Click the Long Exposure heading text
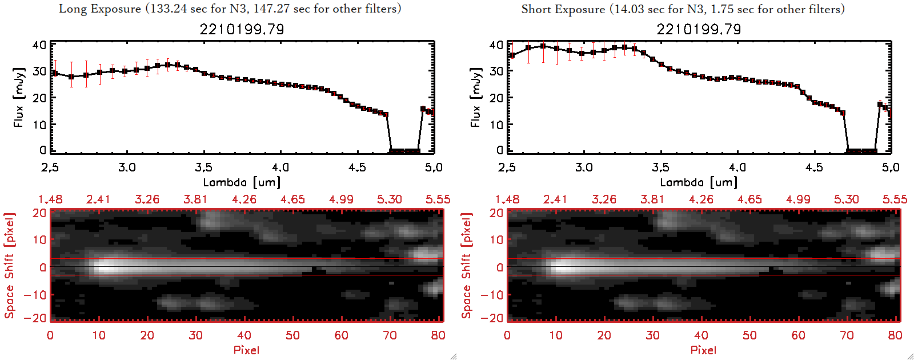(x=230, y=9)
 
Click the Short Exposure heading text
(x=683, y=9)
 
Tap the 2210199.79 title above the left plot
(x=242, y=29)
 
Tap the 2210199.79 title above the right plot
(x=699, y=29)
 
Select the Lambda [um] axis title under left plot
(x=242, y=182)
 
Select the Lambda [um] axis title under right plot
(x=699, y=182)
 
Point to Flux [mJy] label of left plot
(x=19, y=97)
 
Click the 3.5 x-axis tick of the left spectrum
(x=203, y=167)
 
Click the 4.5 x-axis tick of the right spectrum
(x=814, y=167)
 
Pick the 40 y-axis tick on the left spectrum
(x=39, y=45)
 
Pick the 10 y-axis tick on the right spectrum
(x=496, y=124)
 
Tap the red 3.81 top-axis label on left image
(x=195, y=199)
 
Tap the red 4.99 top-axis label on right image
(x=798, y=199)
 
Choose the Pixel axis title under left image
(x=246, y=350)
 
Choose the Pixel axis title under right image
(x=703, y=350)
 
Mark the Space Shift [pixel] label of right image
(x=467, y=266)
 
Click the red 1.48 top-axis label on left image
(x=50, y=199)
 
